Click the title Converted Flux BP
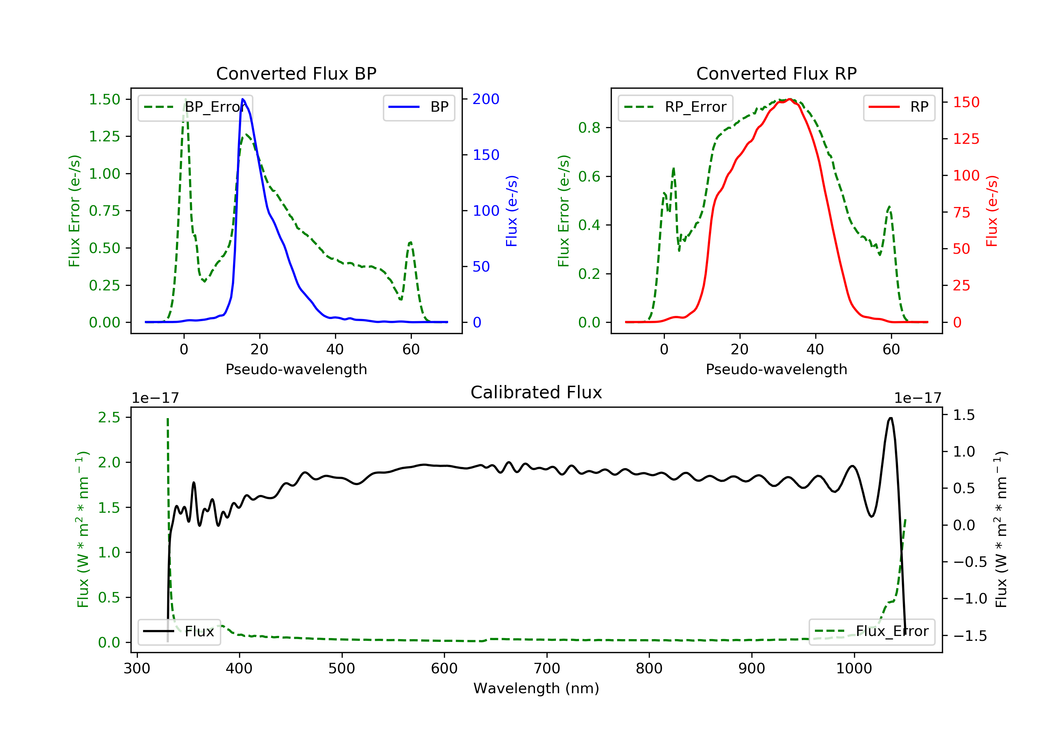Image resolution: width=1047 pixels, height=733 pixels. [296, 73]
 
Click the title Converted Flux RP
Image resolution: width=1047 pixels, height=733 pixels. [777, 73]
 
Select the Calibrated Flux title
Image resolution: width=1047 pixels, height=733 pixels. [536, 392]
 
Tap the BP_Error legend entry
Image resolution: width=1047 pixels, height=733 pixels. [195, 107]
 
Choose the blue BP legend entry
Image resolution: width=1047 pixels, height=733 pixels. [418, 107]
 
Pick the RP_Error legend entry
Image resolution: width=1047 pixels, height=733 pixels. [675, 107]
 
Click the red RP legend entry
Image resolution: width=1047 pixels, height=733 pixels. [899, 107]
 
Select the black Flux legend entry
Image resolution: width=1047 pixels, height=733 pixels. [179, 631]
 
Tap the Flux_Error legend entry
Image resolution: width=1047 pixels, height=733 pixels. [871, 631]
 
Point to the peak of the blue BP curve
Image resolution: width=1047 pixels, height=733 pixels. [243, 99]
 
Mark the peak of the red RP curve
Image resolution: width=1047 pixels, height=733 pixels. [790, 99]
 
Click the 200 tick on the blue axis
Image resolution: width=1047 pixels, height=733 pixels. [486, 99]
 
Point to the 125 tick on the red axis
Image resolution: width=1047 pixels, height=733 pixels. [966, 139]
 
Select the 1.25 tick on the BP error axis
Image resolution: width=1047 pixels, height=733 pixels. [104, 136]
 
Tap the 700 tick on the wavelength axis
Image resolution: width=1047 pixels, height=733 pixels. [547, 669]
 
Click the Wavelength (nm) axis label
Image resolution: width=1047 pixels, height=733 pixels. [536, 688]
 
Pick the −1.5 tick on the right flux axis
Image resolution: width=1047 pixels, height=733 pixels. [970, 636]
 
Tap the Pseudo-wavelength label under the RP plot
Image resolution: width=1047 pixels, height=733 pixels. [777, 369]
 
